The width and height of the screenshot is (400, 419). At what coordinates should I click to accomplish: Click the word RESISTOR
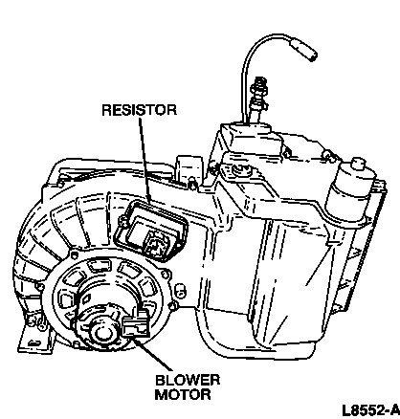click(139, 110)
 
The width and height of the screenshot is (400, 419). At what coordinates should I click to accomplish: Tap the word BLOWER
click(188, 380)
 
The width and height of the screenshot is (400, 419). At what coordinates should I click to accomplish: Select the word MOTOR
click(183, 394)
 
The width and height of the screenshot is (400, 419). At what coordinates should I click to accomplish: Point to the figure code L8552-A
click(370, 410)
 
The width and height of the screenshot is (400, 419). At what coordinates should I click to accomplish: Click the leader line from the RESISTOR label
click(145, 161)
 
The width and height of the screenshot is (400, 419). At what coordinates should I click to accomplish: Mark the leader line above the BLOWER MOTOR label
click(152, 355)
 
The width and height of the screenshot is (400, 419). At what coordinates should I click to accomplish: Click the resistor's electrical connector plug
click(154, 242)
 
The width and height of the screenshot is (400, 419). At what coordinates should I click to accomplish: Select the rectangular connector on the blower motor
click(136, 324)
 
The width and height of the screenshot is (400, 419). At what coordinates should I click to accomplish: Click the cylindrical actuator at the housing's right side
click(350, 191)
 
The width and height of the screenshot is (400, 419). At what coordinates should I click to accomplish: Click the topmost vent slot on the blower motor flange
click(99, 266)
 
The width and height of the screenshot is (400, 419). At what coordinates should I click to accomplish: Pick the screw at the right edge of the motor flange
click(165, 274)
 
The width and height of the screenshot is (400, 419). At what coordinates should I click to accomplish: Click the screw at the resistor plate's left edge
click(122, 219)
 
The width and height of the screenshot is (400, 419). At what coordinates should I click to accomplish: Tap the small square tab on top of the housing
click(189, 169)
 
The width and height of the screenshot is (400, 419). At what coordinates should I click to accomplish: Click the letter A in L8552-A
click(394, 410)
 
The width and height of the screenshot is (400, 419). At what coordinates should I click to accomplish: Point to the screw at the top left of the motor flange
click(74, 255)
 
